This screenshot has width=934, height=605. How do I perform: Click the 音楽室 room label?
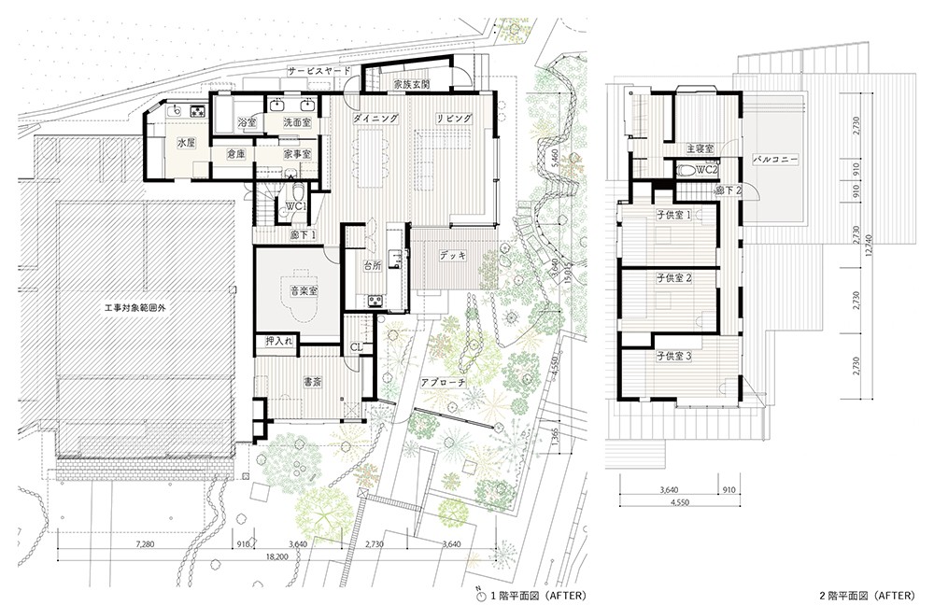coord(303,292)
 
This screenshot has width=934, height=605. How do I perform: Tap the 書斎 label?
coord(313,383)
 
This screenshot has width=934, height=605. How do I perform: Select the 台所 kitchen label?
coord(373,266)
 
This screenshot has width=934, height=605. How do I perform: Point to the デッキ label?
coord(453,256)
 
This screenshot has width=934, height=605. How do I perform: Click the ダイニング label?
coord(375,118)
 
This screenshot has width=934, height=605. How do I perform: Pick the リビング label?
coord(453,118)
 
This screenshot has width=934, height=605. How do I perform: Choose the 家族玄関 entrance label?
coord(412,85)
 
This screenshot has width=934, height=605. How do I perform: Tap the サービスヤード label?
coord(318,71)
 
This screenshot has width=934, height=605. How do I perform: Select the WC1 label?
coord(296,206)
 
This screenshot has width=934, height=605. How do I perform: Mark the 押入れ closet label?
coord(279,342)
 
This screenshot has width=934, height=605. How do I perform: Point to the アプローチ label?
coord(442,383)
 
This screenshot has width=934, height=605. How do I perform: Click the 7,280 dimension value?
coord(146,543)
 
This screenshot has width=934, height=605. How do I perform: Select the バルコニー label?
coord(774,160)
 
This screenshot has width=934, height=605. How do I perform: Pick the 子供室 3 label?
coord(673,357)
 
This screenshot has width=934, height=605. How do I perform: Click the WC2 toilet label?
coord(705,170)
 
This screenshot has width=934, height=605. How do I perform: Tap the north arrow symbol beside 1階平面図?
coord(481,595)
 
